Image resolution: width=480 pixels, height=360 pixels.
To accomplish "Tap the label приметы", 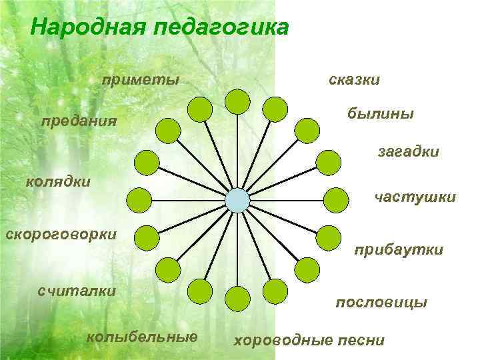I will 141,81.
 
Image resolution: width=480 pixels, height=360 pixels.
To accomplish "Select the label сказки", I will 355,80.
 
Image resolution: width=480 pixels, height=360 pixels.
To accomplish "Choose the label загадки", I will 408,153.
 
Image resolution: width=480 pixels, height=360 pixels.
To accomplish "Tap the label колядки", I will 58,181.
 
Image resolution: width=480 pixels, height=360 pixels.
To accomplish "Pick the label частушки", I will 415,197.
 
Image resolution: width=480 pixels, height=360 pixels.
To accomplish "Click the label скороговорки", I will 61,235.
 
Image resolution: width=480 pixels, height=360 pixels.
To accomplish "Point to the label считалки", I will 77,291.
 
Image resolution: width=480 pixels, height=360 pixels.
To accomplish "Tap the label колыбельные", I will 142,336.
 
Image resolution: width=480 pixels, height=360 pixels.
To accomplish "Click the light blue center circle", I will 237,200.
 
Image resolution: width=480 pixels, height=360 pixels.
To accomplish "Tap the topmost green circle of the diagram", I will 237,101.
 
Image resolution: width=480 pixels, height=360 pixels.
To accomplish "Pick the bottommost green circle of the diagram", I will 237,298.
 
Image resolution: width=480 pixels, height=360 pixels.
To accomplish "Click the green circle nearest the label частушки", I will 336,199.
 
